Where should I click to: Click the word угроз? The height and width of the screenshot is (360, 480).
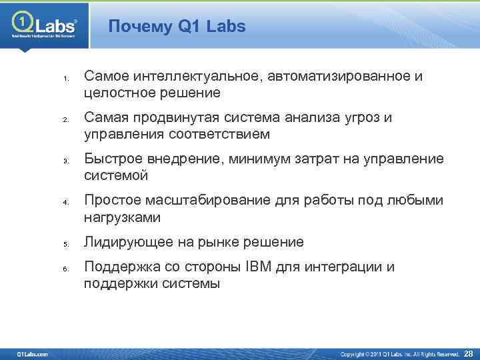coord(360,118)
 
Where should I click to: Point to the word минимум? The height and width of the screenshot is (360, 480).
coord(253,159)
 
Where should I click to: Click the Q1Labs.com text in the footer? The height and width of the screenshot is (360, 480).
coord(32,353)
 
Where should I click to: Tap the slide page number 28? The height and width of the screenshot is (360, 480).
coord(468,353)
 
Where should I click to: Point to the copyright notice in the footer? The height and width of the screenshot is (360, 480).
coord(400,353)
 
